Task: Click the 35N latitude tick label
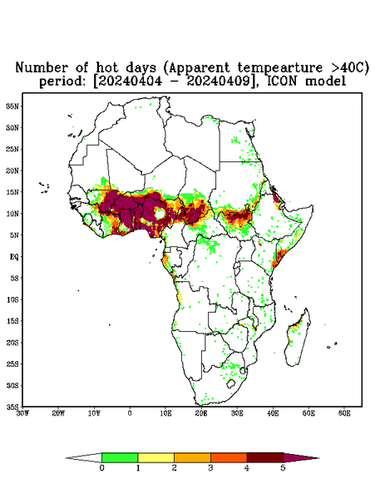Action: (12, 106)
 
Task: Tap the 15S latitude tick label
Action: (12, 321)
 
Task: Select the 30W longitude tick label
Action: (23, 413)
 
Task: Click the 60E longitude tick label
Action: (344, 413)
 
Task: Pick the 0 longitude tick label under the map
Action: (130, 413)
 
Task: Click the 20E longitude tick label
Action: (201, 413)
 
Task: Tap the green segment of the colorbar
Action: (120, 457)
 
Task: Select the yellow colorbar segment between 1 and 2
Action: (155, 457)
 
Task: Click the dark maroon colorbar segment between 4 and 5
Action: (265, 457)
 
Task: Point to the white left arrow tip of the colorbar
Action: (66, 458)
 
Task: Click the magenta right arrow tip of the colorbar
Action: (318, 458)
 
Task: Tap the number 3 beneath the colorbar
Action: (210, 468)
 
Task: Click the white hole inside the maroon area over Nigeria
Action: (159, 213)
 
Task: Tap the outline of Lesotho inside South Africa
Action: (231, 383)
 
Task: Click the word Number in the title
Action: (42, 68)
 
